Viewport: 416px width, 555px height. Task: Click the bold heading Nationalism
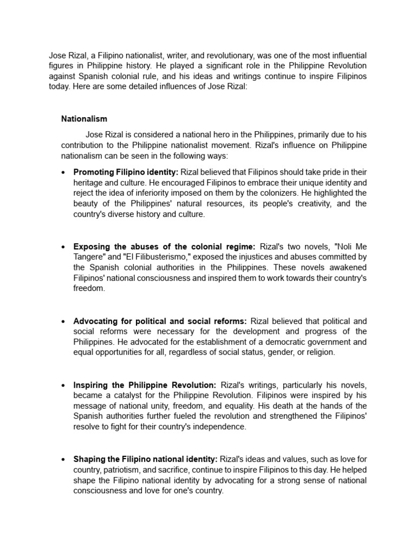pyautogui.click(x=84, y=119)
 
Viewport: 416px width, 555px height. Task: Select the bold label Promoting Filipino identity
pyautogui.click(x=126, y=172)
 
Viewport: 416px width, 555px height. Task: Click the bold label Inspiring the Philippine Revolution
pyautogui.click(x=145, y=385)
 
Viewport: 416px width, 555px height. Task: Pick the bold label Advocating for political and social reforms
pyautogui.click(x=160, y=321)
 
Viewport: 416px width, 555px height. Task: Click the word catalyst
pyautogui.click(x=124, y=396)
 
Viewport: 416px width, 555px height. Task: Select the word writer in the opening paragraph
pyautogui.click(x=179, y=55)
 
